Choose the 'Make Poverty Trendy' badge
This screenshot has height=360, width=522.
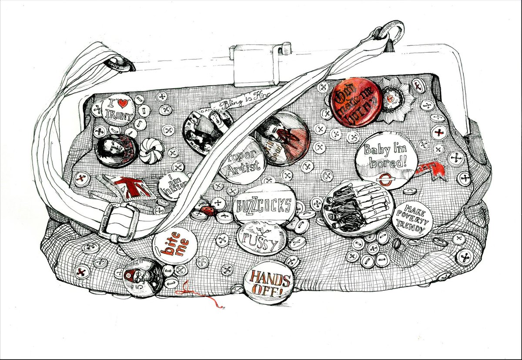(412, 219)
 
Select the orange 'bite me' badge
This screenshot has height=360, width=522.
(175, 244)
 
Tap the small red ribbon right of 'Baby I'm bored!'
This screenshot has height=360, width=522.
(431, 171)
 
